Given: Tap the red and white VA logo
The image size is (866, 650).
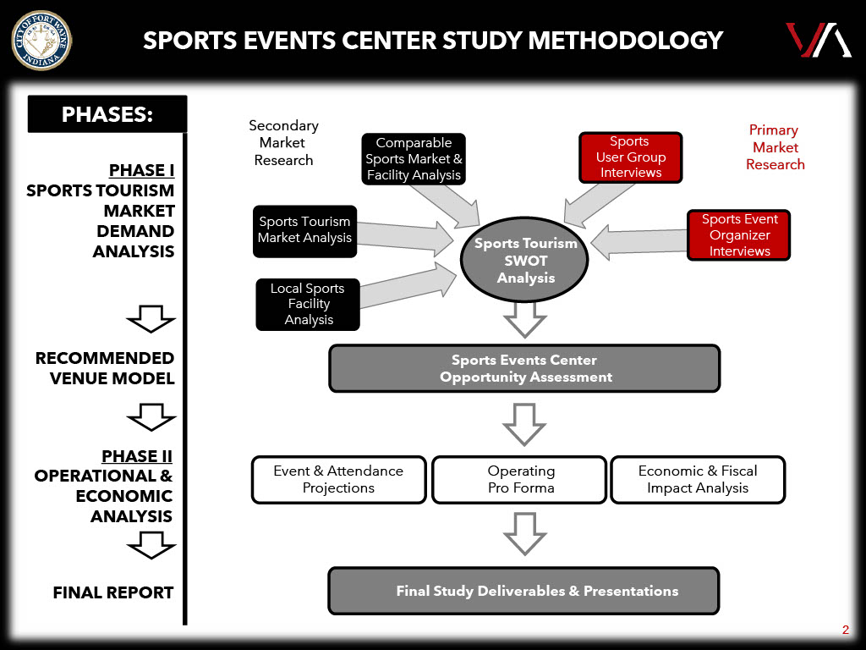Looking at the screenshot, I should pyautogui.click(x=817, y=41).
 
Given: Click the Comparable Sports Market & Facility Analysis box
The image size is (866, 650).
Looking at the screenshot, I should pyautogui.click(x=414, y=159).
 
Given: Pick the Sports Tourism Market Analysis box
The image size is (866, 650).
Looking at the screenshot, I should pyautogui.click(x=305, y=230).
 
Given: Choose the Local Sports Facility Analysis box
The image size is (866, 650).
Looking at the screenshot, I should pyautogui.click(x=308, y=304).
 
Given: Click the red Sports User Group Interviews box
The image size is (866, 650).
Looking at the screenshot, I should pyautogui.click(x=630, y=157).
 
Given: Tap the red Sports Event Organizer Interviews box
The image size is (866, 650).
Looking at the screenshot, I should pyautogui.click(x=739, y=234).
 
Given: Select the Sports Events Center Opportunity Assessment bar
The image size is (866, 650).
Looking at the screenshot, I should pyautogui.click(x=524, y=368).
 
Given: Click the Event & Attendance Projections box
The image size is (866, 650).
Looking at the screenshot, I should pyautogui.click(x=338, y=479).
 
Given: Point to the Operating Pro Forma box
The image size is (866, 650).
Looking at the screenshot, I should pyautogui.click(x=520, y=479).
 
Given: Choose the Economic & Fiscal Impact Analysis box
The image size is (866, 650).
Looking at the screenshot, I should pyautogui.click(x=698, y=479).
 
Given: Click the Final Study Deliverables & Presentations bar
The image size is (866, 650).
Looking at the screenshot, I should pyautogui.click(x=523, y=591).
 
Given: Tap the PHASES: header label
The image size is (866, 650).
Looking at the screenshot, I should pyautogui.click(x=107, y=114).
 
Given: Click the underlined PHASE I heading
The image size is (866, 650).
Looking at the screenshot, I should pyautogui.click(x=141, y=170).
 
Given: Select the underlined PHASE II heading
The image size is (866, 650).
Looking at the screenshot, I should pyautogui.click(x=137, y=456).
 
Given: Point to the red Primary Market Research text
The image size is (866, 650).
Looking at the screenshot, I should pyautogui.click(x=775, y=147).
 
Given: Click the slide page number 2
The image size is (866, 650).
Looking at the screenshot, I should pyautogui.click(x=845, y=629).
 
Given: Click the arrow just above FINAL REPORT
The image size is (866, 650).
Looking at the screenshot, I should pyautogui.click(x=151, y=548).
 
